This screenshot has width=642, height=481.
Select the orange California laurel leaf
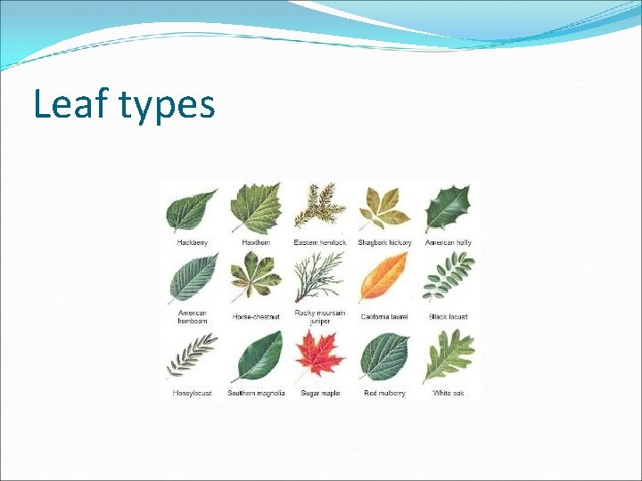pyautogui.click(x=383, y=279)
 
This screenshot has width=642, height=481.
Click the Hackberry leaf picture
pyautogui.click(x=192, y=211)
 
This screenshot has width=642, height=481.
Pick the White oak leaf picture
pyautogui.click(x=448, y=356)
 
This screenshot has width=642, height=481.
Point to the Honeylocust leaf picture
pyautogui.click(x=192, y=356)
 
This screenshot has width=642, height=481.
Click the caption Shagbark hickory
pyautogui.click(x=384, y=242)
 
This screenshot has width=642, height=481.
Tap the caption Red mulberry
pyautogui.click(x=384, y=393)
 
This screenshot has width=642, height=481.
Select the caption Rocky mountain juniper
pyautogui.click(x=319, y=317)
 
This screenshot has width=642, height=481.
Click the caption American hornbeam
pyautogui.click(x=192, y=317)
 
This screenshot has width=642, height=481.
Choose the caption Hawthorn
pyautogui.click(x=256, y=242)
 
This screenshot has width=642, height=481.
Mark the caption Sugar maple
pyautogui.click(x=319, y=393)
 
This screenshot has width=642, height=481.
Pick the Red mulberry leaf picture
pyautogui.click(x=384, y=356)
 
